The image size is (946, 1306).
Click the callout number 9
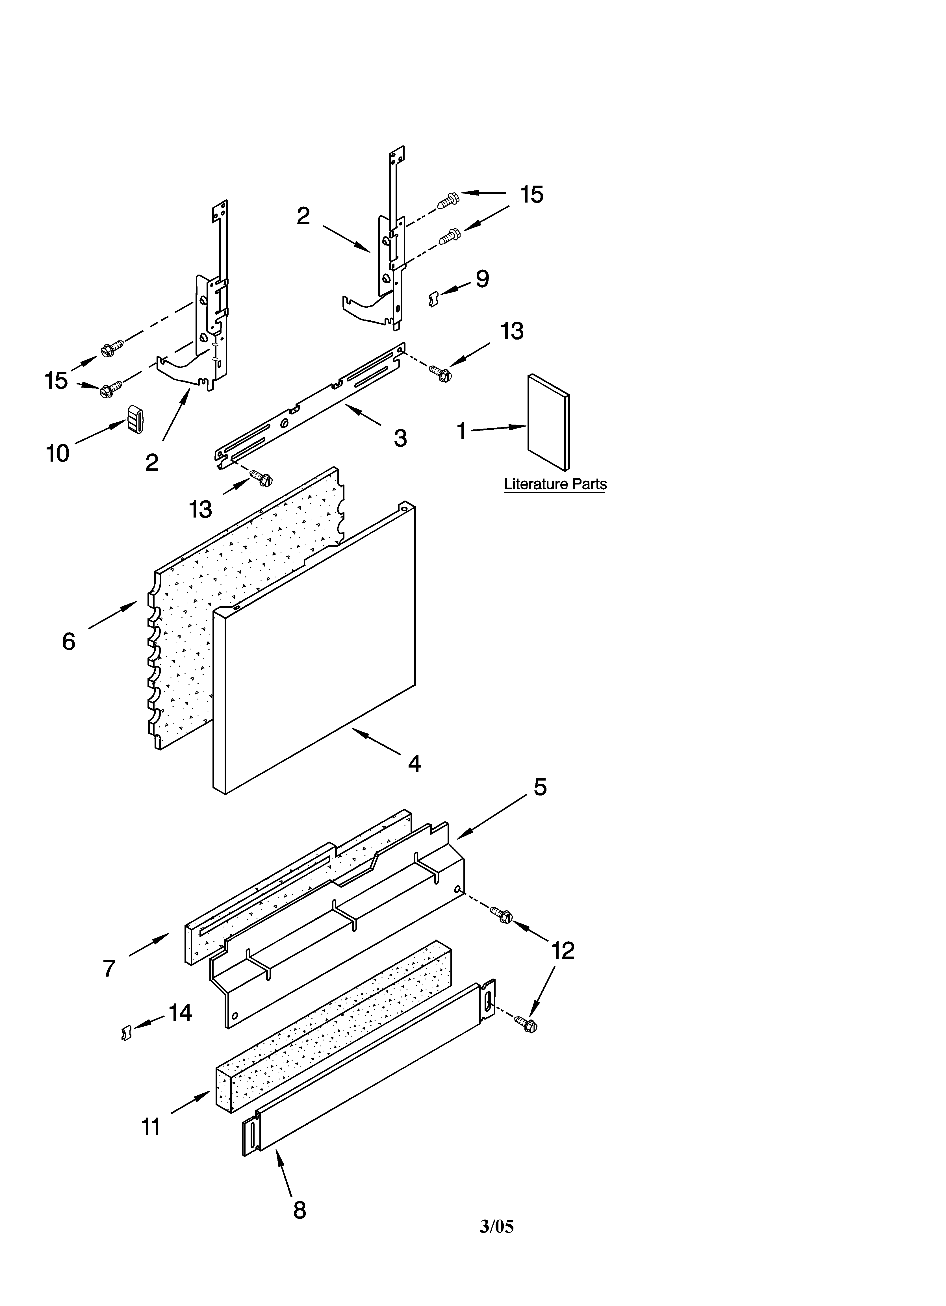tap(482, 279)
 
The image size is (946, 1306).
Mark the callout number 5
tap(540, 787)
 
